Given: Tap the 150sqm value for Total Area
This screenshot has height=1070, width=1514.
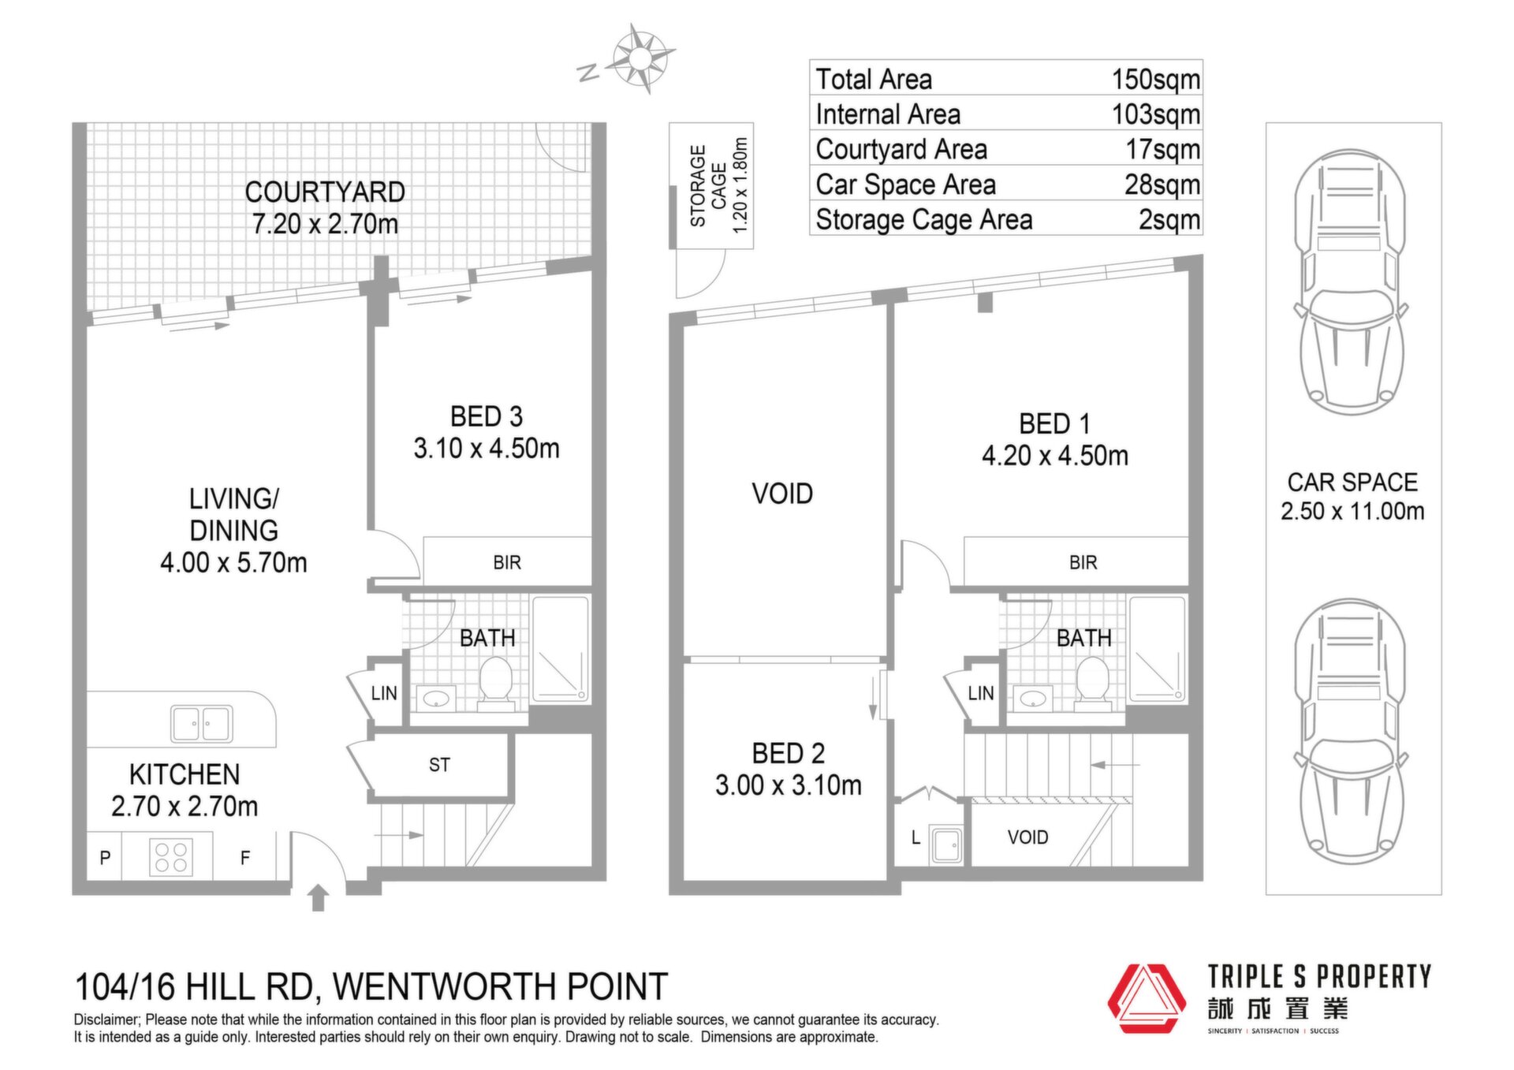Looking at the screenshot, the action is [1155, 79].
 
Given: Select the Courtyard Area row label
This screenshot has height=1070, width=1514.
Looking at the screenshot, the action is [901, 149].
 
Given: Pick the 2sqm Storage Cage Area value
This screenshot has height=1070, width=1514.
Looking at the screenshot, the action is [1169, 219].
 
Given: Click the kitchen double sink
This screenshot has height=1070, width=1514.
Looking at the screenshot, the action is [202, 723].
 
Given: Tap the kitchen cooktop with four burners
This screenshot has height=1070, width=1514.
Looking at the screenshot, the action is [171, 856].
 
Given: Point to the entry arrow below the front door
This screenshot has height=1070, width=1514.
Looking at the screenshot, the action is [318, 897].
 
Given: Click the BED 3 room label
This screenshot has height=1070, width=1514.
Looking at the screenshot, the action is [487, 416].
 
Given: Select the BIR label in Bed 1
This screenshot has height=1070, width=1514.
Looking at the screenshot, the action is [1083, 562].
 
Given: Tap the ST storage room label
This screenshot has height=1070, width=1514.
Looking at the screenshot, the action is [439, 765].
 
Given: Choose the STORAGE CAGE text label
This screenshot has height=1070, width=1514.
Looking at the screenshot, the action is [707, 186].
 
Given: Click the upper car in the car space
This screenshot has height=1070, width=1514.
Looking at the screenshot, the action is [1350, 281].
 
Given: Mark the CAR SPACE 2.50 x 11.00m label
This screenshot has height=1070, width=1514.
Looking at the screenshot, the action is [1352, 496].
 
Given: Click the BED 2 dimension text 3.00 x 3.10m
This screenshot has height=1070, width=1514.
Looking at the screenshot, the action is [789, 785].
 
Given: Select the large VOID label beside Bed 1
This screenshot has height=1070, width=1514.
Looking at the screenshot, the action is [782, 494].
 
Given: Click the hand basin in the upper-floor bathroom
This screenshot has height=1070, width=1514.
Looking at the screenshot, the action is [1033, 698].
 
